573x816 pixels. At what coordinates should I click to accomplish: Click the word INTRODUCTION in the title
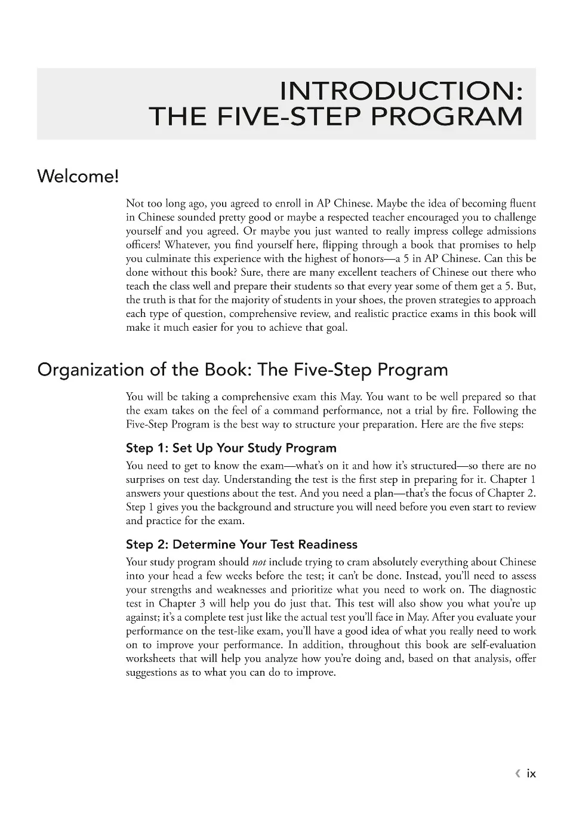coord(401,91)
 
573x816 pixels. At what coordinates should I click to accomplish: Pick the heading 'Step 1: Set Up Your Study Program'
coord(231,448)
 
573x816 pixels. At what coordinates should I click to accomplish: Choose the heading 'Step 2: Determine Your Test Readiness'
coord(241,544)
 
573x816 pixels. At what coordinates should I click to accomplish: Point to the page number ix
coord(531,774)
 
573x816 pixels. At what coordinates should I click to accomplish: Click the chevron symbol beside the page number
coord(517,774)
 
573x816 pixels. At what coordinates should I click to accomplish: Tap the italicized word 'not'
coord(259,562)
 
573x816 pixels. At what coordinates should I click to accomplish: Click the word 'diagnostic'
coord(511,590)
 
